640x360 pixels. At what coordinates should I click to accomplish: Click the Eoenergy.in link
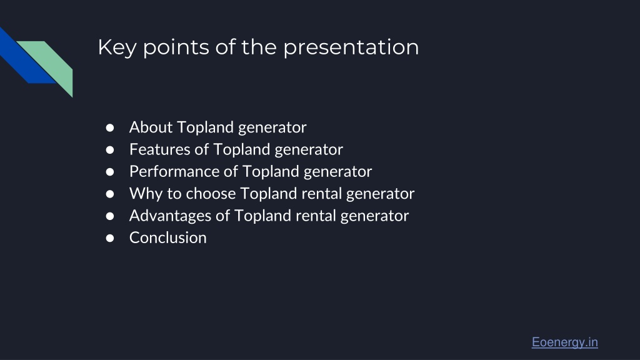point(564,342)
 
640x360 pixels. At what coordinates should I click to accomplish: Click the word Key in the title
point(117,47)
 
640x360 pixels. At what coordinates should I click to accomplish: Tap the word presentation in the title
point(351,47)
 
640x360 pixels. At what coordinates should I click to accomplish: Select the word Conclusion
point(167,237)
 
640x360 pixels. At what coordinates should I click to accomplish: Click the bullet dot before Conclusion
point(110,238)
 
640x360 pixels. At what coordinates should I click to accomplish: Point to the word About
point(151,127)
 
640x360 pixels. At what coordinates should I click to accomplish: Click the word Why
point(146,194)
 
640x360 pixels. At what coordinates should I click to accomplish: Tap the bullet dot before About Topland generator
point(110,127)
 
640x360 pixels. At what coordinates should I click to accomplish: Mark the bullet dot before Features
point(110,150)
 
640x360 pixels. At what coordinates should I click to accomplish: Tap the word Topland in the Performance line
point(271,171)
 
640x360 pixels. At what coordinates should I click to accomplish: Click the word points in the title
point(176,47)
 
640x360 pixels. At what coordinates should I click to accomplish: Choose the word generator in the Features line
point(309,149)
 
